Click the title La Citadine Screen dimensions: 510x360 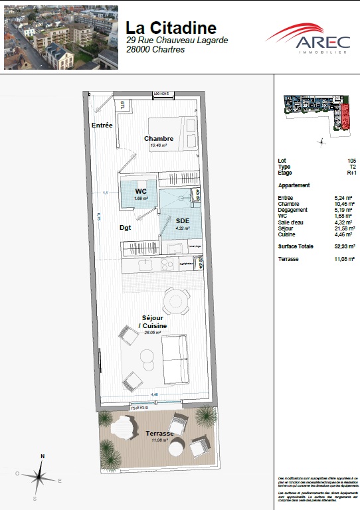(171, 28)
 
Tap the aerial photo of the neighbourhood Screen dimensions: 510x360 (61, 37)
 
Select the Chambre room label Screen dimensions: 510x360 (159, 139)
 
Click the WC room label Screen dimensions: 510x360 (141, 191)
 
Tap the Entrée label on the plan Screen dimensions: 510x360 (102, 126)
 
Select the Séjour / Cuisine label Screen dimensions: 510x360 (153, 321)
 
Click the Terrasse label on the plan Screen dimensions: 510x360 (159, 433)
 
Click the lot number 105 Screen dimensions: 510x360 (351, 161)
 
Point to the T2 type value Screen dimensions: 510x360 (353, 167)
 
